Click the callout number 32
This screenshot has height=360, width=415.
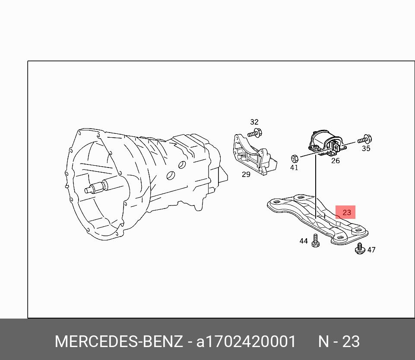click(254, 122)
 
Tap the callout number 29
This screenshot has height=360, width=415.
click(246, 174)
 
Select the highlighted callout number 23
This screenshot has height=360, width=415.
click(346, 212)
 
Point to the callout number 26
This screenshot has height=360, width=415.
click(336, 161)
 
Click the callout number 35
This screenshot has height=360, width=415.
click(366, 148)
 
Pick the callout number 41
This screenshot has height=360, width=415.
click(294, 167)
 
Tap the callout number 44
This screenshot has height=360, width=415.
click(304, 241)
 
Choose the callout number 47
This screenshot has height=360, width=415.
click(371, 249)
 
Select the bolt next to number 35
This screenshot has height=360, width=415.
click(364, 139)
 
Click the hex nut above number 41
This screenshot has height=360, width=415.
click(295, 159)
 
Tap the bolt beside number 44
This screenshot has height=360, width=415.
click(315, 240)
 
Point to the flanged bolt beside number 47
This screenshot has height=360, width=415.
click(359, 249)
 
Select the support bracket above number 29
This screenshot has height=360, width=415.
click(255, 155)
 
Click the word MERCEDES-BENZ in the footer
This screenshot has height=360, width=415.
click(119, 341)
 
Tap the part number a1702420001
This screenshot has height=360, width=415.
click(246, 341)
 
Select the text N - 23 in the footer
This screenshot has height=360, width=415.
click(339, 341)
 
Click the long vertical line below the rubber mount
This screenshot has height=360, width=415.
click(316, 186)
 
